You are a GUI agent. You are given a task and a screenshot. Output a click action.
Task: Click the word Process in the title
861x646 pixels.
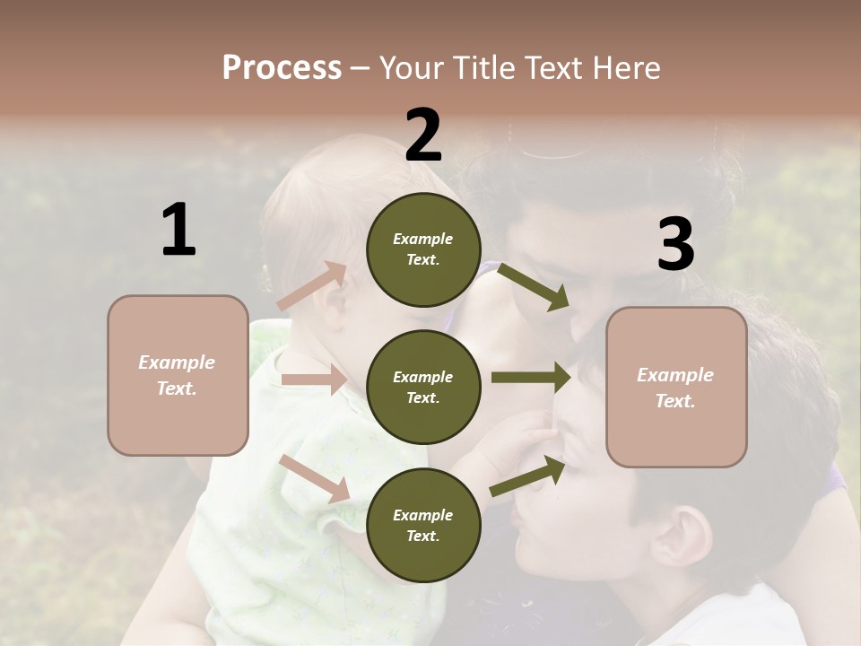click(282, 67)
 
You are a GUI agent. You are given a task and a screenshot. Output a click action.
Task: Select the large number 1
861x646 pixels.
click(178, 231)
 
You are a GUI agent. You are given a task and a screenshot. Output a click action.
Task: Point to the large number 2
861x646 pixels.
click(423, 135)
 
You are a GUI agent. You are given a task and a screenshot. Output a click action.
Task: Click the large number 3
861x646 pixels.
click(675, 244)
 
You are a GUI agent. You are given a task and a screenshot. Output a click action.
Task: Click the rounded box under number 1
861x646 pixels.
click(178, 375)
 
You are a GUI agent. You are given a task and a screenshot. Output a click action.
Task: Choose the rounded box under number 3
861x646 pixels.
click(676, 387)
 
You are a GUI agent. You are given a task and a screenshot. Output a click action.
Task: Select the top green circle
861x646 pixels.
click(423, 249)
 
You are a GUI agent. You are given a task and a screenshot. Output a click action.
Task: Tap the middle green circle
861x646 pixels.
click(423, 387)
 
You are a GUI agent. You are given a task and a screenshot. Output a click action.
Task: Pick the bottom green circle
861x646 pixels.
click(423, 525)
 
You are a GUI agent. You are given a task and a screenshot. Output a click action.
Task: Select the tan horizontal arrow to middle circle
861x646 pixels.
click(313, 380)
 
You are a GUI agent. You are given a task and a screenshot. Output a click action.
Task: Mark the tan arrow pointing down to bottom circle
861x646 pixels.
click(315, 477)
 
